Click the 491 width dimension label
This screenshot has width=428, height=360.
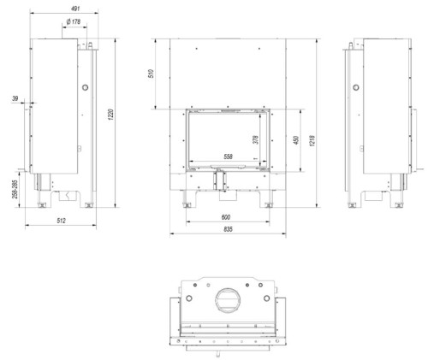(74, 9)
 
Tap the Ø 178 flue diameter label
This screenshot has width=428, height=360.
(74, 21)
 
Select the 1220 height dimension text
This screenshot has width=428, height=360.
(111, 114)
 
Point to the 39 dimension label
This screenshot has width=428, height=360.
(15, 98)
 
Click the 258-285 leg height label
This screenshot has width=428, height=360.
(15, 189)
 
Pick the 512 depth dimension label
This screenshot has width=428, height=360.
(61, 221)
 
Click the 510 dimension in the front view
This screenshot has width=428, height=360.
(152, 74)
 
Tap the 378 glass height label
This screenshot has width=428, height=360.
(256, 139)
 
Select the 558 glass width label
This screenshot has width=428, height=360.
(228, 156)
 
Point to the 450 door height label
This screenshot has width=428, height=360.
(296, 139)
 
